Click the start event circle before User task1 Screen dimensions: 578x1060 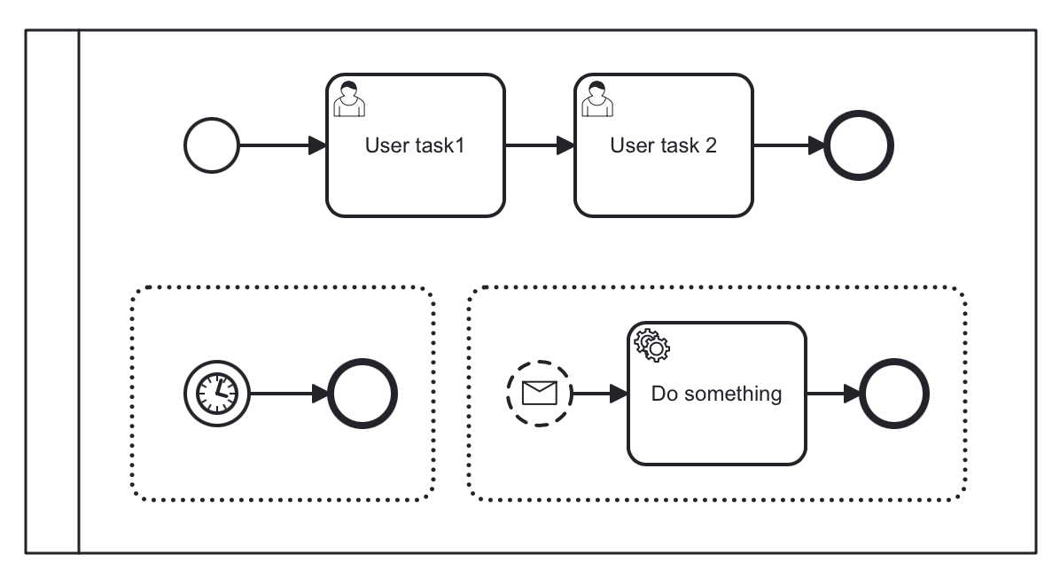tap(212, 145)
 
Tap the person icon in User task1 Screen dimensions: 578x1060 tap(348, 98)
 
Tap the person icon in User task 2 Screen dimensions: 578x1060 tap(596, 98)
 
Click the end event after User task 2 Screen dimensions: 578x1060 tap(859, 145)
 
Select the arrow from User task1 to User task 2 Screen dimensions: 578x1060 tap(539, 145)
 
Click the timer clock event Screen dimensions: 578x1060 tap(217, 393)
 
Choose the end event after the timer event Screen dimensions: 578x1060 tap(362, 393)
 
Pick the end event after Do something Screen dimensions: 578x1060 tap(894, 393)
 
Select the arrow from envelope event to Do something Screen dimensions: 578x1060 tap(600, 393)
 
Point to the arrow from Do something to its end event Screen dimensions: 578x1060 tap(832, 393)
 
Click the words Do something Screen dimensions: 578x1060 tap(716, 394)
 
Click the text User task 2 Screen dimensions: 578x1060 tap(663, 146)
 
